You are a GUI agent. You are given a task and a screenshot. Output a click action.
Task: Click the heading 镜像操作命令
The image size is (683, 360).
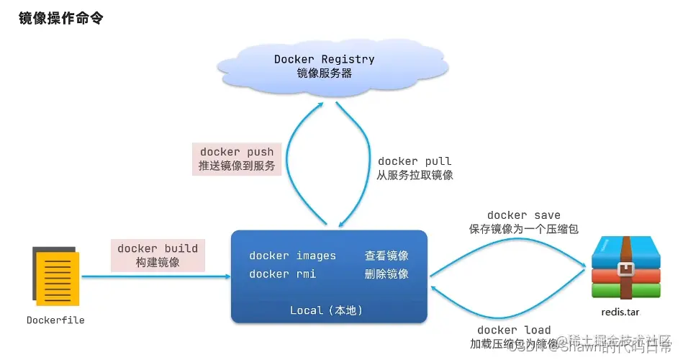click(x=60, y=18)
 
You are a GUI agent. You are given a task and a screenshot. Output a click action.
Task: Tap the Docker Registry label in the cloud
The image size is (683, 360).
click(x=324, y=59)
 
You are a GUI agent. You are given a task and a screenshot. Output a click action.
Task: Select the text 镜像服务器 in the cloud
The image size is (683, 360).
click(x=324, y=73)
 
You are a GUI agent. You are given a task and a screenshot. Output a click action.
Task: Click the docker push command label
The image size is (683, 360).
click(x=237, y=151)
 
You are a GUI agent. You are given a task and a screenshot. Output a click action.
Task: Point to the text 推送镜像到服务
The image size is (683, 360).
click(x=237, y=167)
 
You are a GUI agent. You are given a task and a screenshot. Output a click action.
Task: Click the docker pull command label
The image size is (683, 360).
click(x=415, y=161)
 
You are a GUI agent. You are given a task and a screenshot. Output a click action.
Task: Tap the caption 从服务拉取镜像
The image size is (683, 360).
click(x=415, y=175)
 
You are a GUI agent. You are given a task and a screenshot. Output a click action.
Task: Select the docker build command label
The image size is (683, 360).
click(x=158, y=248)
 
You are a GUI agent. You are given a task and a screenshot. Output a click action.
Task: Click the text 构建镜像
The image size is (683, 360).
click(x=158, y=263)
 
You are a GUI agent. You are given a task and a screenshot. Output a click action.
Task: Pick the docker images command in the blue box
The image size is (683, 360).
click(x=292, y=256)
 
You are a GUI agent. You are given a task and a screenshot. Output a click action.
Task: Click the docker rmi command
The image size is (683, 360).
click(x=282, y=274)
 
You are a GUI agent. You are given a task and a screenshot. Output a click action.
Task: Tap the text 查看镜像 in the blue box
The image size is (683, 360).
click(x=386, y=256)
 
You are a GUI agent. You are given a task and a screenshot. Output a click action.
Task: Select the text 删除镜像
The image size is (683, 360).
click(x=386, y=274)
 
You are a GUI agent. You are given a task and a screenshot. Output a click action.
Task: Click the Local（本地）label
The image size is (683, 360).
click(x=326, y=310)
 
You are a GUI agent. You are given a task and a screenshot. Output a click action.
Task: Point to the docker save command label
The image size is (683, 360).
click(x=523, y=215)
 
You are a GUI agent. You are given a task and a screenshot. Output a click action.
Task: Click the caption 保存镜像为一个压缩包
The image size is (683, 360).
click(x=523, y=228)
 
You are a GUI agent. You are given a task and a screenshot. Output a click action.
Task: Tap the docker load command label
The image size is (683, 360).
click(x=514, y=330)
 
